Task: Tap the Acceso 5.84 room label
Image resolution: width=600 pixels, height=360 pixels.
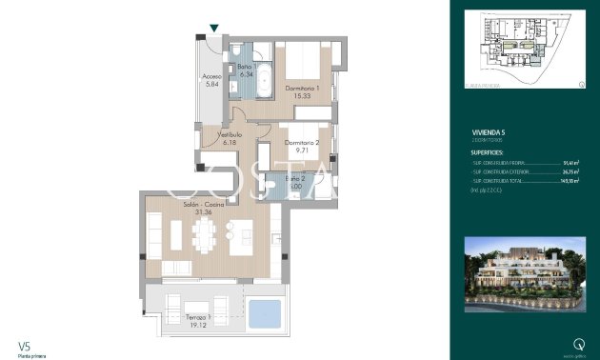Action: click(x=212, y=80)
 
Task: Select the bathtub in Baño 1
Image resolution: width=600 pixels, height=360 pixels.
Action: click(x=262, y=76)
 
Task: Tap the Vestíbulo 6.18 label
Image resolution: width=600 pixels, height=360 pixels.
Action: click(x=230, y=139)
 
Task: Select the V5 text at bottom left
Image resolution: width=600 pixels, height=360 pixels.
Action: click(x=24, y=346)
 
